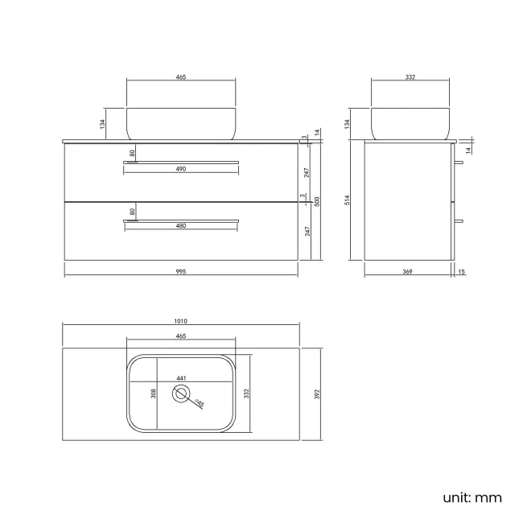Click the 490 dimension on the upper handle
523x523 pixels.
pos(181,169)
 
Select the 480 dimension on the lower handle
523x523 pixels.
pos(181,226)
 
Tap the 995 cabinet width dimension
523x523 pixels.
pos(181,272)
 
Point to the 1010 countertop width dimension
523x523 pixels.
pos(181,321)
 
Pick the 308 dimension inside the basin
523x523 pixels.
pos(153,394)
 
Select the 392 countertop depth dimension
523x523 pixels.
pos(308,394)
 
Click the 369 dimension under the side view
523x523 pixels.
pos(408,272)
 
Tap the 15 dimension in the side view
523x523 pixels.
pos(461,272)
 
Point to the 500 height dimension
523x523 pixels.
pos(316,201)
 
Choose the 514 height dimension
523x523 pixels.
pos(348,200)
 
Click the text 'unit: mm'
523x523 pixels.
pos(472,498)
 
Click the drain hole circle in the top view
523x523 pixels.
pos(182,393)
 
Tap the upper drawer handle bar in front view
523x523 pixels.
pos(181,163)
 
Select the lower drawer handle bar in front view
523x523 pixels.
pos(181,220)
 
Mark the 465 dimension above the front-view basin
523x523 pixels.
pos(181,77)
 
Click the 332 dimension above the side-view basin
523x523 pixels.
pos(410,77)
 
